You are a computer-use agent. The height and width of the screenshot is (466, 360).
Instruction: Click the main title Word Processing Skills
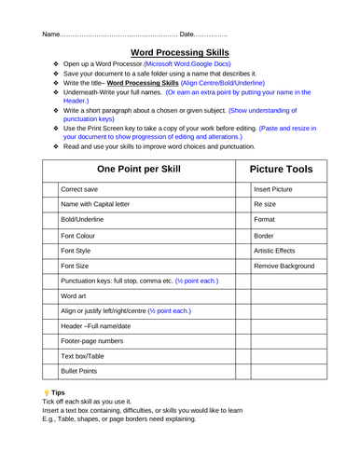179,56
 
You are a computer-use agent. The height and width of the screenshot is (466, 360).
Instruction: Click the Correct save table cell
81,189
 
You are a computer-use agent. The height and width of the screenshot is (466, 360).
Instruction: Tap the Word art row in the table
75,295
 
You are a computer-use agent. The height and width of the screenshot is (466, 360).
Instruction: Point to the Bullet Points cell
79,371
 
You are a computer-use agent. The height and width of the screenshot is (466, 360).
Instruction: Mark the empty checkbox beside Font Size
50,266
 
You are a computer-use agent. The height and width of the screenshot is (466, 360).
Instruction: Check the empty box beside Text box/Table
50,356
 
